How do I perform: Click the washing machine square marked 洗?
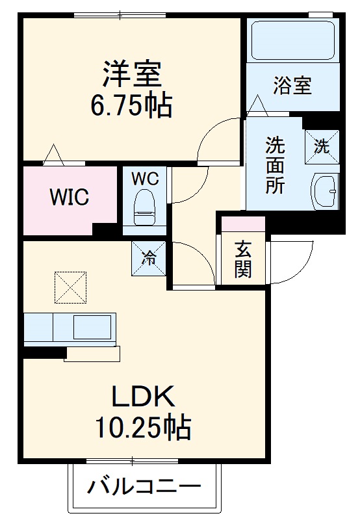(x=322, y=146)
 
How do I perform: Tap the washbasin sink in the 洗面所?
(x=326, y=189)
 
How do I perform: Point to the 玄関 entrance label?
(x=243, y=259)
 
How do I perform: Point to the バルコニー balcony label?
(x=144, y=486)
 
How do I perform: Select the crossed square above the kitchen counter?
(x=70, y=287)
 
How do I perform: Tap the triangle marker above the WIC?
(x=53, y=153)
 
